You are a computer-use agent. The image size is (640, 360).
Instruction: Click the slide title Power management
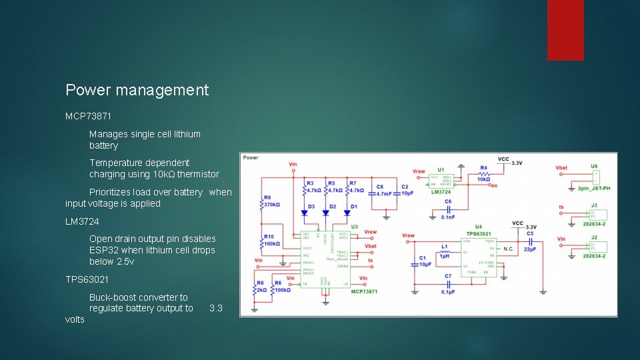click(137, 90)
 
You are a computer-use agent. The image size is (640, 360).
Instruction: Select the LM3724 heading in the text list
click(82, 221)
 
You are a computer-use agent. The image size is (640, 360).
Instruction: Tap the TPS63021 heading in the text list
click(87, 279)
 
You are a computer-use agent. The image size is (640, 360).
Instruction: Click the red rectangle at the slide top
click(565, 30)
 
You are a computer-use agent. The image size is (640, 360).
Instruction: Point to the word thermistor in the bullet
click(198, 174)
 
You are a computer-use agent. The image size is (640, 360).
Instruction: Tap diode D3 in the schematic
click(305, 213)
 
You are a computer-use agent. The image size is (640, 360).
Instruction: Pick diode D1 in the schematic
click(347, 213)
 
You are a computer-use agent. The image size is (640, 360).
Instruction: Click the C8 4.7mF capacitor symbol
click(376, 193)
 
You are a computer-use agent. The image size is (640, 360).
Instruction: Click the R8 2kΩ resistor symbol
click(255, 289)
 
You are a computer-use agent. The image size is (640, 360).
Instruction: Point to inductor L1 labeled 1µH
click(443, 252)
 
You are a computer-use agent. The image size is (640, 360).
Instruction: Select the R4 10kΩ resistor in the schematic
click(483, 177)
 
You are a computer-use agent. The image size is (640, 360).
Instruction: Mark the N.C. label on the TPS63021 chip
click(508, 249)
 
